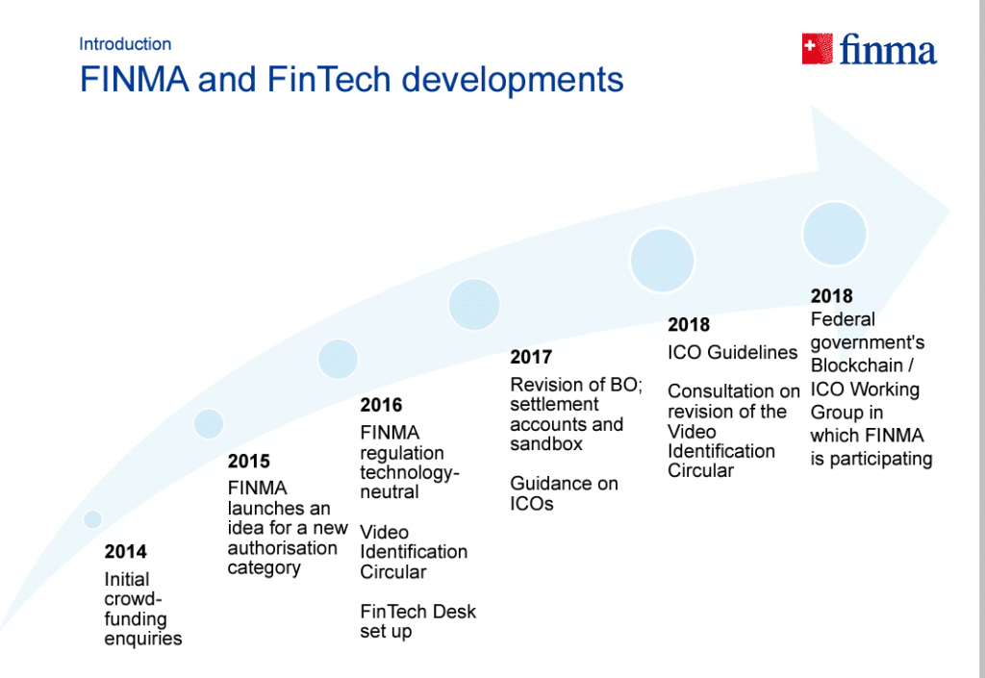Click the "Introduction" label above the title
pyautogui.click(x=125, y=44)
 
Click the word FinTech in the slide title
pyautogui.click(x=329, y=79)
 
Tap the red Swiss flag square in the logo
pyautogui.click(x=818, y=48)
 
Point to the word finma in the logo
pyautogui.click(x=888, y=50)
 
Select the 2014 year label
pyautogui.click(x=126, y=551)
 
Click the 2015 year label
pyautogui.click(x=249, y=461)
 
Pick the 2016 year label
pyautogui.click(x=381, y=405)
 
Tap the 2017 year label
pyautogui.click(x=531, y=357)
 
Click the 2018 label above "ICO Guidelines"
pyautogui.click(x=689, y=324)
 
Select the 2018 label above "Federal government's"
pyautogui.click(x=832, y=295)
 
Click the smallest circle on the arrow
pyautogui.click(x=92, y=519)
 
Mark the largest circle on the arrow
pyautogui.click(x=835, y=234)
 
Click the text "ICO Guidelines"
pyautogui.click(x=732, y=352)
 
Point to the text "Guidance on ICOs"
pyautogui.click(x=564, y=493)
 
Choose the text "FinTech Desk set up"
pyautogui.click(x=417, y=621)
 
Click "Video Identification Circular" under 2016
pyautogui.click(x=414, y=552)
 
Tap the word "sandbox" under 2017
pyautogui.click(x=546, y=444)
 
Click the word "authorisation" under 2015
pyautogui.click(x=282, y=548)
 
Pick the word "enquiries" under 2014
pyautogui.click(x=143, y=640)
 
